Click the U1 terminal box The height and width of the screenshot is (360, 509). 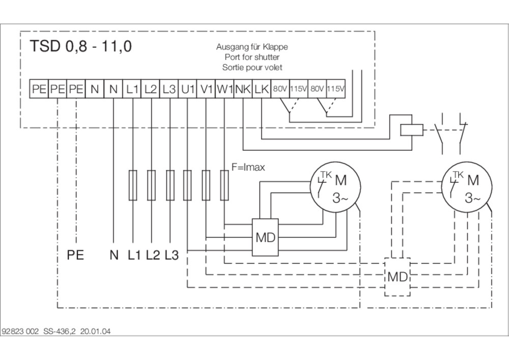[188, 89]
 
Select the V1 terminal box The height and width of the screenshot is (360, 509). [206, 89]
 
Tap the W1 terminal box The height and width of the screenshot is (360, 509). [224, 89]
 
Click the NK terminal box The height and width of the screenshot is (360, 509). [243, 89]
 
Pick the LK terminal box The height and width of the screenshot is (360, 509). [262, 89]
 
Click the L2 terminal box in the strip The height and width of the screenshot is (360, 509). [150, 89]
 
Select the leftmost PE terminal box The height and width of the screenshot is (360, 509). [39, 89]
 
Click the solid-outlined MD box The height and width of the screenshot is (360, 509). [265, 238]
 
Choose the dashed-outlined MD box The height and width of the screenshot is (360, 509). [398, 278]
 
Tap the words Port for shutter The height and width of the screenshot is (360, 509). [252, 57]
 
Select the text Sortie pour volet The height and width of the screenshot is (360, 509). [252, 67]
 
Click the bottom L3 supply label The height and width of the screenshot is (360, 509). [172, 256]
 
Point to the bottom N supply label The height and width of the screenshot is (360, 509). [114, 256]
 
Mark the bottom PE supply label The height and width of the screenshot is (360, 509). [75, 256]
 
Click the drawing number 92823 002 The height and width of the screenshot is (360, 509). [21, 331]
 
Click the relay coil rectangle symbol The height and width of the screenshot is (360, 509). [410, 129]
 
